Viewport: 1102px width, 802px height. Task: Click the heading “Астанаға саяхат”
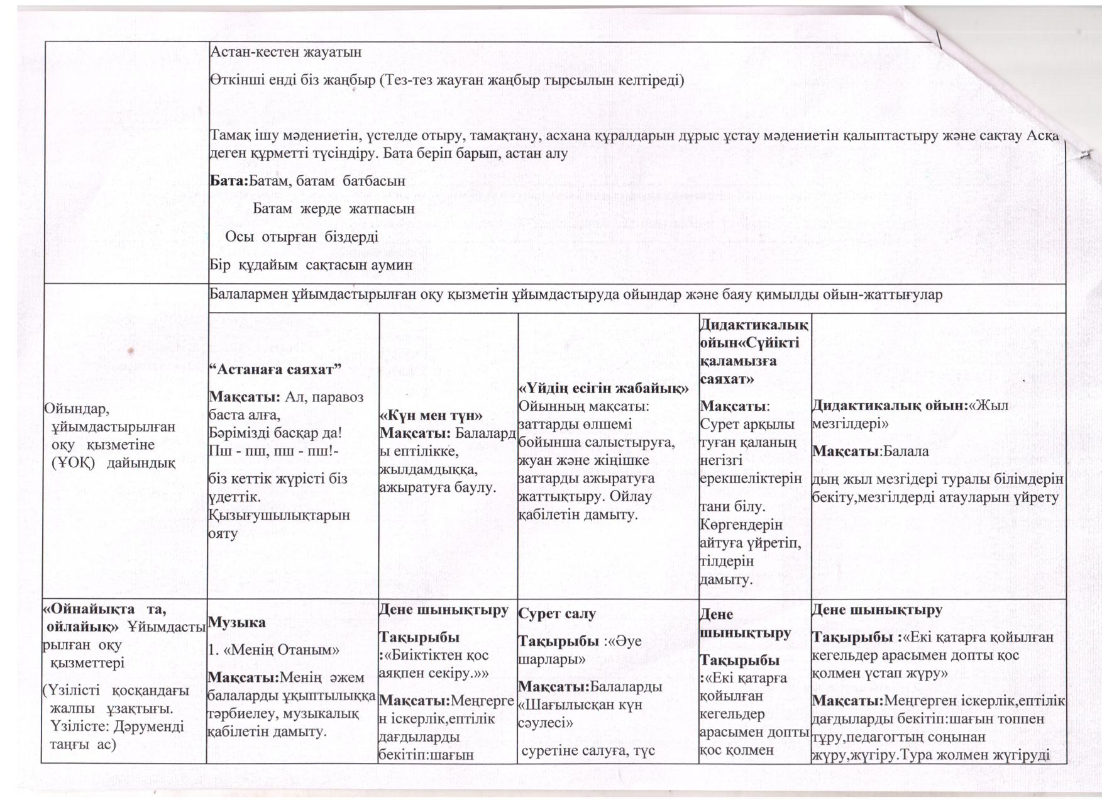(x=275, y=369)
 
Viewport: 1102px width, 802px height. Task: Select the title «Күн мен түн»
(x=431, y=415)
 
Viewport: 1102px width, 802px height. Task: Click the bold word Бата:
(x=229, y=181)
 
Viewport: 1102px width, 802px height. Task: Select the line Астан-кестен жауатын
(x=285, y=52)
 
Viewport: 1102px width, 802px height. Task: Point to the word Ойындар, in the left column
(x=76, y=409)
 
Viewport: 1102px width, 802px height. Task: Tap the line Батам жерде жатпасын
(x=334, y=208)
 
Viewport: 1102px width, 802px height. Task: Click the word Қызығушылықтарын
(x=279, y=515)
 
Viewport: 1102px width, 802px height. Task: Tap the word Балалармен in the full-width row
(x=245, y=294)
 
